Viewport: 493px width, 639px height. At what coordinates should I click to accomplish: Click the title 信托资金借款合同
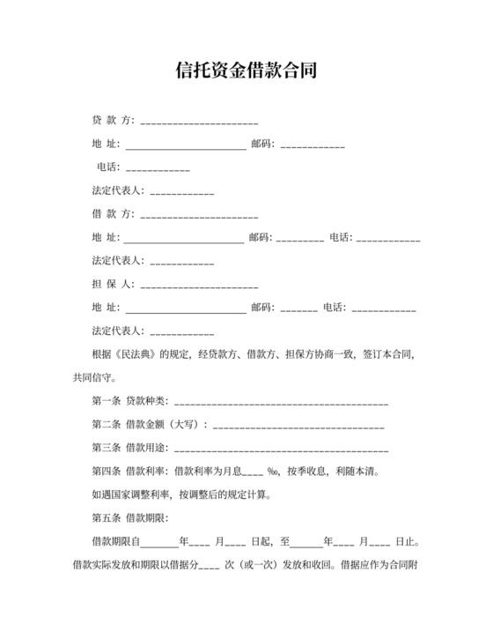click(x=246, y=70)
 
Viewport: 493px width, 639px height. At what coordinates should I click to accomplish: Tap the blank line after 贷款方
click(x=199, y=121)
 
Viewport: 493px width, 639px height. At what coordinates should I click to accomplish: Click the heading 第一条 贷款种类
click(x=129, y=402)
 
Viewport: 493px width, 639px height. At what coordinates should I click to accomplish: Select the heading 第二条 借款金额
click(x=129, y=425)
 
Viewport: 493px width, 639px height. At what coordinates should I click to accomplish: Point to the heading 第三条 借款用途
click(x=129, y=448)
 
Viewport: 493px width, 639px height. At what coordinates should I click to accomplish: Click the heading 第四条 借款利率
click(x=129, y=472)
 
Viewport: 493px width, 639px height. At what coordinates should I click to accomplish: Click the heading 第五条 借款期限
click(x=129, y=517)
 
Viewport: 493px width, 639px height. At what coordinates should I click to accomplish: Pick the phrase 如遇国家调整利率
click(x=132, y=494)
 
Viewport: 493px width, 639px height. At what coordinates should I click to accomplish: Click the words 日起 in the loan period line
click(x=261, y=540)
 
